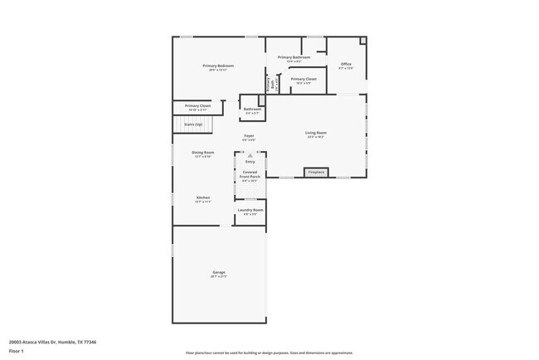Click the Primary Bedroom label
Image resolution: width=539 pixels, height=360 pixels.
[218, 66]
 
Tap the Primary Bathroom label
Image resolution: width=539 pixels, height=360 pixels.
[294, 58]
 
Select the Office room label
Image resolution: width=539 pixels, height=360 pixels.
[346, 65]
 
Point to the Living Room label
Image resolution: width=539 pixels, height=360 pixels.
[316, 134]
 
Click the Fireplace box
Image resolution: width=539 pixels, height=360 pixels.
[316, 173]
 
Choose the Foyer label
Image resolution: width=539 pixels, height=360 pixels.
[249, 136]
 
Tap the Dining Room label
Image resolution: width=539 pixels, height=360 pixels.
[203, 153]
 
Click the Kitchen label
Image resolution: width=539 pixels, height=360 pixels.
[203, 198]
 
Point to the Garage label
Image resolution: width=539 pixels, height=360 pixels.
[219, 273]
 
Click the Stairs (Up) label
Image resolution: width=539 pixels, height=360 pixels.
[192, 124]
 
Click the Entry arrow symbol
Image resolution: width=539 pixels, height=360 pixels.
[250, 155]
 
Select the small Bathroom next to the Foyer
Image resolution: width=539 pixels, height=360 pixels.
[252, 110]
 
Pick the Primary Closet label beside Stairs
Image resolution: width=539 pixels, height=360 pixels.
[197, 106]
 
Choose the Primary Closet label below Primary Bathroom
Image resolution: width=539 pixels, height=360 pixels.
[303, 80]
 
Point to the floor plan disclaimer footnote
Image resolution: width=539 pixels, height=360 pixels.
[269, 353]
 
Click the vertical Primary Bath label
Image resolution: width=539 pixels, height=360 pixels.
[272, 84]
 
